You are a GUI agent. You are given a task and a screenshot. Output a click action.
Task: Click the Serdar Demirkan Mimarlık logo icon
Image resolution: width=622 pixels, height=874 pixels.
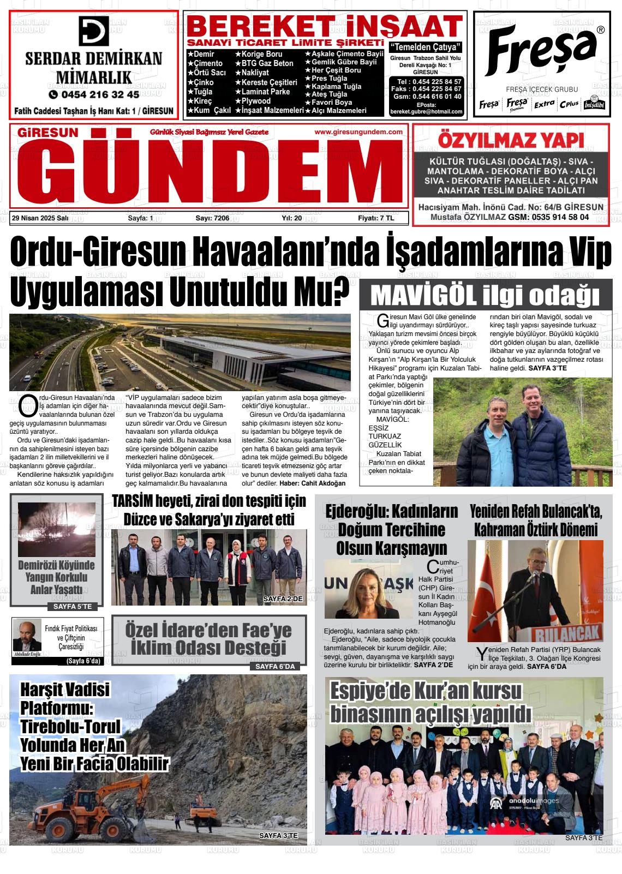(x=93, y=31)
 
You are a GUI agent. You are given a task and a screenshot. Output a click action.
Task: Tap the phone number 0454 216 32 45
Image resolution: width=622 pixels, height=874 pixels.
(x=93, y=94)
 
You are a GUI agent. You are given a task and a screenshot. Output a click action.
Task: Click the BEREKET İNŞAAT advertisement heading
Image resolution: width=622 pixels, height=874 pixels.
(x=325, y=26)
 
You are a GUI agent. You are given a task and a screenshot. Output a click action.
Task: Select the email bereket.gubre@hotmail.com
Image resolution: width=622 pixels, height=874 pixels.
(x=426, y=111)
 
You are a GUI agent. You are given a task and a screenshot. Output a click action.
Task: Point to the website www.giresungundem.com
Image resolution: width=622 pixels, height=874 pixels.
(x=358, y=132)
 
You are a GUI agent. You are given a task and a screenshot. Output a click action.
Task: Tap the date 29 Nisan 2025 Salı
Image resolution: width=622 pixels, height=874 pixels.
(x=40, y=218)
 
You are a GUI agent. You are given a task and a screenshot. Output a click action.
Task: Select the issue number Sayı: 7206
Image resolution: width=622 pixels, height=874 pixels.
(x=212, y=218)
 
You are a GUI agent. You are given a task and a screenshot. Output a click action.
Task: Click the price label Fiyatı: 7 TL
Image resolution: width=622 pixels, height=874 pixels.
(x=375, y=218)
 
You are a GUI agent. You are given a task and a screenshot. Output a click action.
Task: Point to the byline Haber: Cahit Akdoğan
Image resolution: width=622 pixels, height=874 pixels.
(x=313, y=483)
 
